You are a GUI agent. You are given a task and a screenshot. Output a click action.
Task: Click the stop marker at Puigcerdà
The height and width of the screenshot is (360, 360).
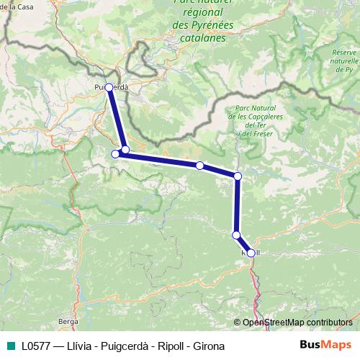click(x=109, y=87)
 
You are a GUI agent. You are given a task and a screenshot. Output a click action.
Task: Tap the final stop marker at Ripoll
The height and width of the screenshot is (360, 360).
click(x=251, y=253)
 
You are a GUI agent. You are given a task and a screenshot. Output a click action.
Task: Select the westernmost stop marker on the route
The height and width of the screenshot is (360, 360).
click(x=114, y=153)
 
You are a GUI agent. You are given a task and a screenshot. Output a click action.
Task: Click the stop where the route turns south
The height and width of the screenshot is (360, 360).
click(x=238, y=176)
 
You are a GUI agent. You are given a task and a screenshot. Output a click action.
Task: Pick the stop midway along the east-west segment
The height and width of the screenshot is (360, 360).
click(x=199, y=166)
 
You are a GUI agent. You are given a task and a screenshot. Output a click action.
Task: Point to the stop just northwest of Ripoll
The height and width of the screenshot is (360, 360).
click(x=236, y=235)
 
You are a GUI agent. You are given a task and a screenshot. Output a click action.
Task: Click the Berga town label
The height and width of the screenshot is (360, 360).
click(x=68, y=320)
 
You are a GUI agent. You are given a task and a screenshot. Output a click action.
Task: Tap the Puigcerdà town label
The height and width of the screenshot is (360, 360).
click(x=112, y=87)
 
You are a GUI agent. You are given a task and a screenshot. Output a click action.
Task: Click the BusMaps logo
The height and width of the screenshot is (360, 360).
click(x=325, y=345)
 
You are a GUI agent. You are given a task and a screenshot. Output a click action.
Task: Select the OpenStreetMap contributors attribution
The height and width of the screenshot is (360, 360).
click(x=297, y=323)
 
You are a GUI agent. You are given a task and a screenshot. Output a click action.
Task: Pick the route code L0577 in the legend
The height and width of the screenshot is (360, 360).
click(x=36, y=346)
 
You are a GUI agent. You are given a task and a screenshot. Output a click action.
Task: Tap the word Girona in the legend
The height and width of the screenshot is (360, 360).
click(x=208, y=346)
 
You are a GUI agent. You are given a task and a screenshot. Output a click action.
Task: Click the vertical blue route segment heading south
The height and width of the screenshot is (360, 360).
click(x=237, y=205)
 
